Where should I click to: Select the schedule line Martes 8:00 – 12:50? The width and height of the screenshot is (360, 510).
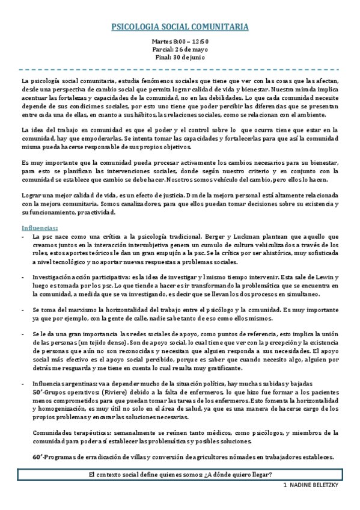click(180, 40)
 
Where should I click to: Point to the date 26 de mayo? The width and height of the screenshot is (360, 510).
click(191, 49)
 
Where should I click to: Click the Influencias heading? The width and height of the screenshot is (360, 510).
click(40, 229)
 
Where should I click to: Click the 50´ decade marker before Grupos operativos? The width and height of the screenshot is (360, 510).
click(37, 392)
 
